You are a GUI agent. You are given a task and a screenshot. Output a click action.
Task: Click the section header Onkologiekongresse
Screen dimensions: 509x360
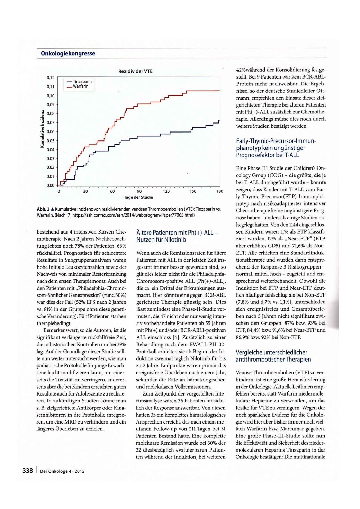tap(68, 54)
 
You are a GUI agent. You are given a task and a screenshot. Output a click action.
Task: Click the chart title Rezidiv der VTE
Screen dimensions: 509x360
tap(135, 71)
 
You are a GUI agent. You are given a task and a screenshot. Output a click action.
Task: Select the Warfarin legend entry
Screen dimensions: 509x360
tap(80, 87)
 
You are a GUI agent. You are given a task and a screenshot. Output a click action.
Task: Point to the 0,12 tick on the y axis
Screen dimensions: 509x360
tap(51, 78)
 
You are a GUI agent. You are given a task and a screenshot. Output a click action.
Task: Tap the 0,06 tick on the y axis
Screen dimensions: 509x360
tap(51, 131)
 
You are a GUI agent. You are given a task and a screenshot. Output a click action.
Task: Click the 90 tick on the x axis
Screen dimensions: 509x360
tap(139, 191)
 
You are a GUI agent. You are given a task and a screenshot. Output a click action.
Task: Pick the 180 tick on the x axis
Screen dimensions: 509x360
tap(220, 191)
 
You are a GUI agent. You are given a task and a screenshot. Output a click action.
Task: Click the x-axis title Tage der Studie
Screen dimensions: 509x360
tap(138, 197)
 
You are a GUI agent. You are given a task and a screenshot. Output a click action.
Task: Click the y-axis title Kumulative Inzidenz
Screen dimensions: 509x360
tap(42, 129)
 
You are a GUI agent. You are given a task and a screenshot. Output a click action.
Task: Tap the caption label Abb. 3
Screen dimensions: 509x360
tap(43, 209)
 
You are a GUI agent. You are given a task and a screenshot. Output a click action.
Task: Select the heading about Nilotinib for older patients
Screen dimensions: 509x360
tap(177, 236)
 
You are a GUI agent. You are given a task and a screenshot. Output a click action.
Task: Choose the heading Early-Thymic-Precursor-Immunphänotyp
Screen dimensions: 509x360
tap(276, 148)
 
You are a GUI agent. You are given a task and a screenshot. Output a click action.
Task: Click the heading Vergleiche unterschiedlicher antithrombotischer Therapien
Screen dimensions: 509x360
tap(273, 356)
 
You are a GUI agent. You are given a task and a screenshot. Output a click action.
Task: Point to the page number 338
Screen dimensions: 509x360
tap(28, 471)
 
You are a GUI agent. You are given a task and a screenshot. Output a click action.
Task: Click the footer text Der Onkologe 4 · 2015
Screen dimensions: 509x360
tap(62, 471)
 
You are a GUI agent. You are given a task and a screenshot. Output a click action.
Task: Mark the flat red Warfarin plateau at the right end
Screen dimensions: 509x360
tap(204, 91)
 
